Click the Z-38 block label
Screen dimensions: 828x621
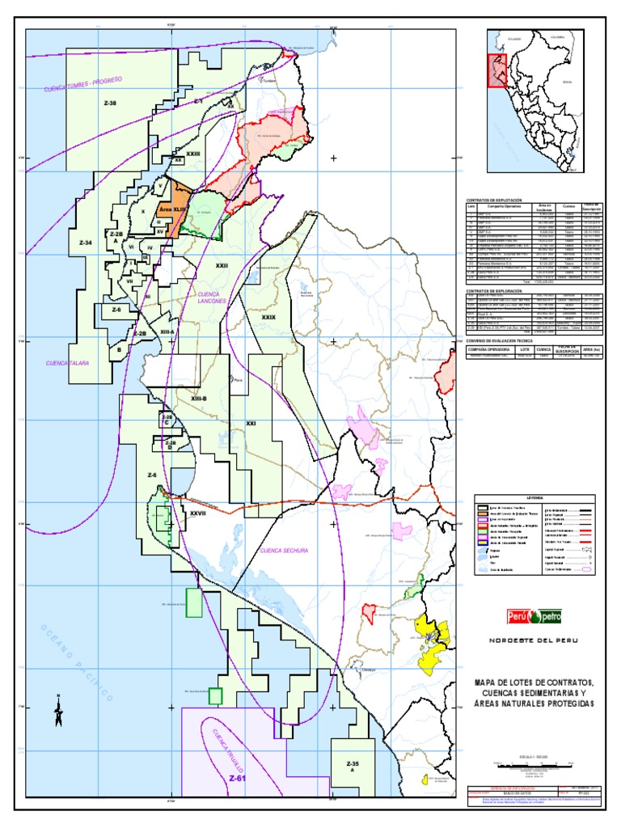(110, 103)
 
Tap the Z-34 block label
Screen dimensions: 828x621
(86, 243)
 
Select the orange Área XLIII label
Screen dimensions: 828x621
(174, 208)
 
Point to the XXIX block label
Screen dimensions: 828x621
(268, 318)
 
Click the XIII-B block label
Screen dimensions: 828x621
(199, 399)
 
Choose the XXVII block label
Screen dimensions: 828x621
(199, 512)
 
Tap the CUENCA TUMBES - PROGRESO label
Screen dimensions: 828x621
(82, 85)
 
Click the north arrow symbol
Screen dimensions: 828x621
(58, 712)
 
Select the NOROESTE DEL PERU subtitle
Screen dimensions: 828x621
(534, 640)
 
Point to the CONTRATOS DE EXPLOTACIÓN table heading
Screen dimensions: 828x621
(495, 199)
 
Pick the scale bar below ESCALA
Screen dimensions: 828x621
(534, 763)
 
